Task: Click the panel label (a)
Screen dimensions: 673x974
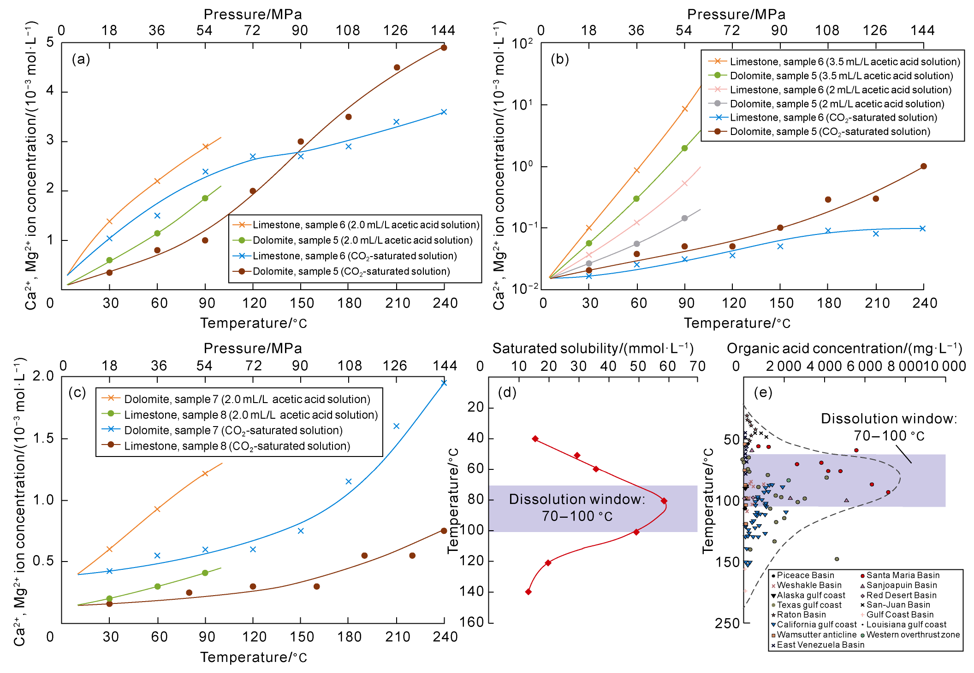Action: coord(81,59)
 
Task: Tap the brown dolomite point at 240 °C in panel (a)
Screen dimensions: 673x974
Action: coord(444,48)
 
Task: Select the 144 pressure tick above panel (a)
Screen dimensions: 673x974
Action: coord(443,30)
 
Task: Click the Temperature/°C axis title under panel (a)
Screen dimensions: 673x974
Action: coord(253,323)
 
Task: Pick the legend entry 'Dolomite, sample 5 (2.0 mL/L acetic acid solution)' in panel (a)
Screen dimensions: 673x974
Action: coord(362,240)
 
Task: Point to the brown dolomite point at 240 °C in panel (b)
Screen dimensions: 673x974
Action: coord(923,166)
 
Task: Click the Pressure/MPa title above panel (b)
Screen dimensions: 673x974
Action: coord(736,14)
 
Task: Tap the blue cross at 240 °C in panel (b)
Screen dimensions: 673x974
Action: coord(922,228)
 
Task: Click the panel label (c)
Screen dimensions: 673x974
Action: coord(77,392)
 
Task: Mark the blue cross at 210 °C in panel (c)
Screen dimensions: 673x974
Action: coord(396,426)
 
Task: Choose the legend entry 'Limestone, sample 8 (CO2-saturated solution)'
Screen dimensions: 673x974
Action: coord(237,446)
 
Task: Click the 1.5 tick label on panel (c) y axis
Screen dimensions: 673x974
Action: coord(43,439)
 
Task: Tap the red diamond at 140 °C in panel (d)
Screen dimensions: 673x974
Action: coord(529,591)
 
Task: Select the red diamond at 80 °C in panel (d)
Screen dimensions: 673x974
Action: coord(664,501)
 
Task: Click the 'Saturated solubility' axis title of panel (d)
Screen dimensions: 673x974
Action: coord(593,349)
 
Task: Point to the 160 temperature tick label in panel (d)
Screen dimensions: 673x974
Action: coord(471,622)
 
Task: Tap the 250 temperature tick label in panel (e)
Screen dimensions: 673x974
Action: coord(727,623)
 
